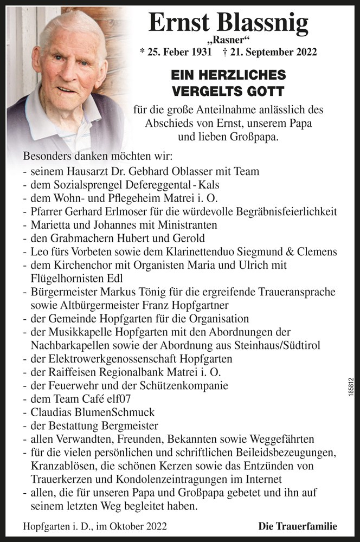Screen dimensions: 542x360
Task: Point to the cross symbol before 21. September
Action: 226,53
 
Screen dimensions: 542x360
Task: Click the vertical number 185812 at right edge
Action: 351,389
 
